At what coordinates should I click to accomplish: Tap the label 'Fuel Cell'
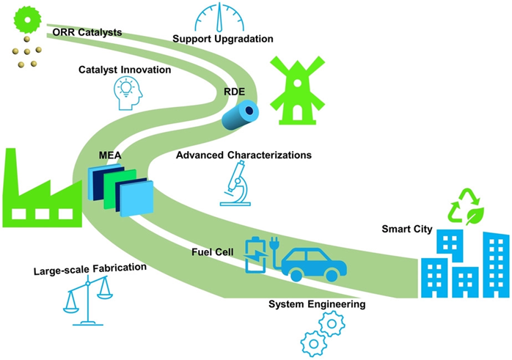[x=212, y=252]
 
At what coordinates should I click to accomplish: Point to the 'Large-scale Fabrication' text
[x=89, y=268]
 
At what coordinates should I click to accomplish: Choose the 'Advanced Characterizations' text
[x=244, y=155]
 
